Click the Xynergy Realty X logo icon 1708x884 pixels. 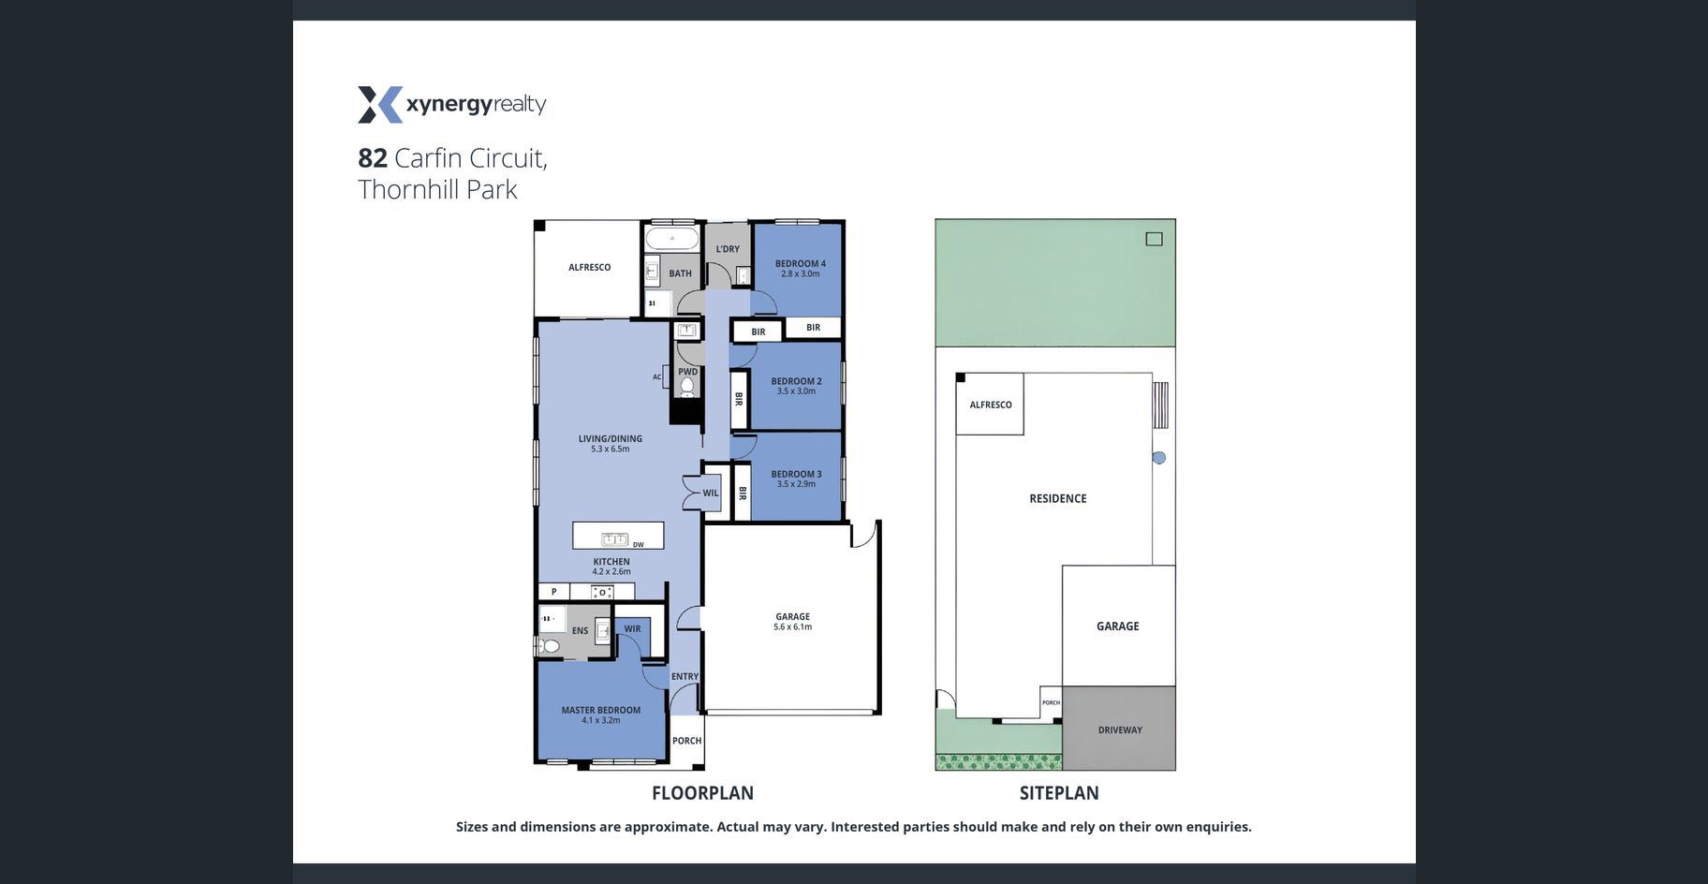click(x=380, y=105)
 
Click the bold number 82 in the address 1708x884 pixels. click(x=373, y=157)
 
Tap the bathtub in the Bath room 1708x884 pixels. click(x=672, y=238)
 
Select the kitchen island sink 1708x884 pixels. click(x=614, y=538)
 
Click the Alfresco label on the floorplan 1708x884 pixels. click(x=590, y=268)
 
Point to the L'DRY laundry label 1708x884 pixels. click(x=728, y=249)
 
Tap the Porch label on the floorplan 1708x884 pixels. click(x=686, y=741)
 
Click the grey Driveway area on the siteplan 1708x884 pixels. click(x=1119, y=729)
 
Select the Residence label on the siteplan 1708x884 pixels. click(x=1058, y=499)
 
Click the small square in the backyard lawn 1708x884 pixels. click(x=1155, y=239)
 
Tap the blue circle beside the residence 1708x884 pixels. click(x=1159, y=458)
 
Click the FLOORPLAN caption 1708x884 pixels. click(x=702, y=793)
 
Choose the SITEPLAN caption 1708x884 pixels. click(x=1059, y=793)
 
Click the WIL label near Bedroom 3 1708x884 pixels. click(x=711, y=494)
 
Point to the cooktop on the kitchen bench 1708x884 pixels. click(x=602, y=592)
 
